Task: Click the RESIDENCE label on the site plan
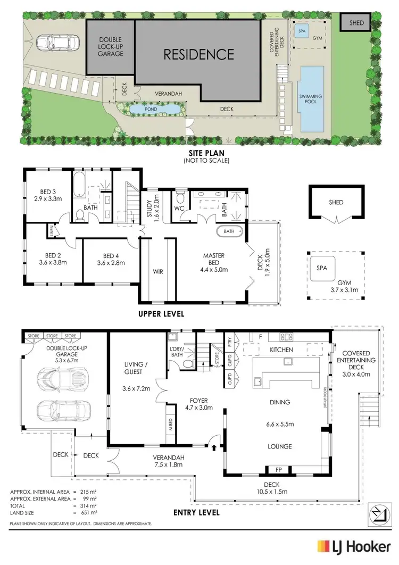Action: click(x=198, y=54)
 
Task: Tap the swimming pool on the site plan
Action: click(x=311, y=98)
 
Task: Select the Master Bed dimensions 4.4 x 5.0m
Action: click(x=213, y=270)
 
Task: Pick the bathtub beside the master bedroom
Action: click(x=229, y=231)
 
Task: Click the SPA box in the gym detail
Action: click(x=321, y=269)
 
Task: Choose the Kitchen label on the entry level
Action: click(x=282, y=350)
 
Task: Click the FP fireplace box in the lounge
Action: click(x=279, y=470)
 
